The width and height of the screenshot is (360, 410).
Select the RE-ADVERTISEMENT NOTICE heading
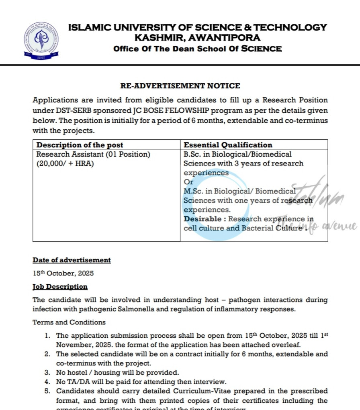(x=180, y=86)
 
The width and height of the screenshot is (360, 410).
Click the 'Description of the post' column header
(x=80, y=145)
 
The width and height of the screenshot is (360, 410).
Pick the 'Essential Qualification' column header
(x=228, y=145)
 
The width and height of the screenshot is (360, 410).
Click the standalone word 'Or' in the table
(x=188, y=182)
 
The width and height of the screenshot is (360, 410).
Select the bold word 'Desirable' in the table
(x=202, y=219)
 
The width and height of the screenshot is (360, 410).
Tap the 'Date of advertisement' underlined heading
(x=72, y=260)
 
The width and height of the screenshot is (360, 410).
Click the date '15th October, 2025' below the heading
(x=63, y=273)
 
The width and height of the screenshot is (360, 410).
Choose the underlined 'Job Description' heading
(x=60, y=287)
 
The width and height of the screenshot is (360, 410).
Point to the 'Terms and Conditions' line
(x=69, y=322)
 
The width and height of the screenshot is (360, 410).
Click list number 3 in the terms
(x=47, y=372)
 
